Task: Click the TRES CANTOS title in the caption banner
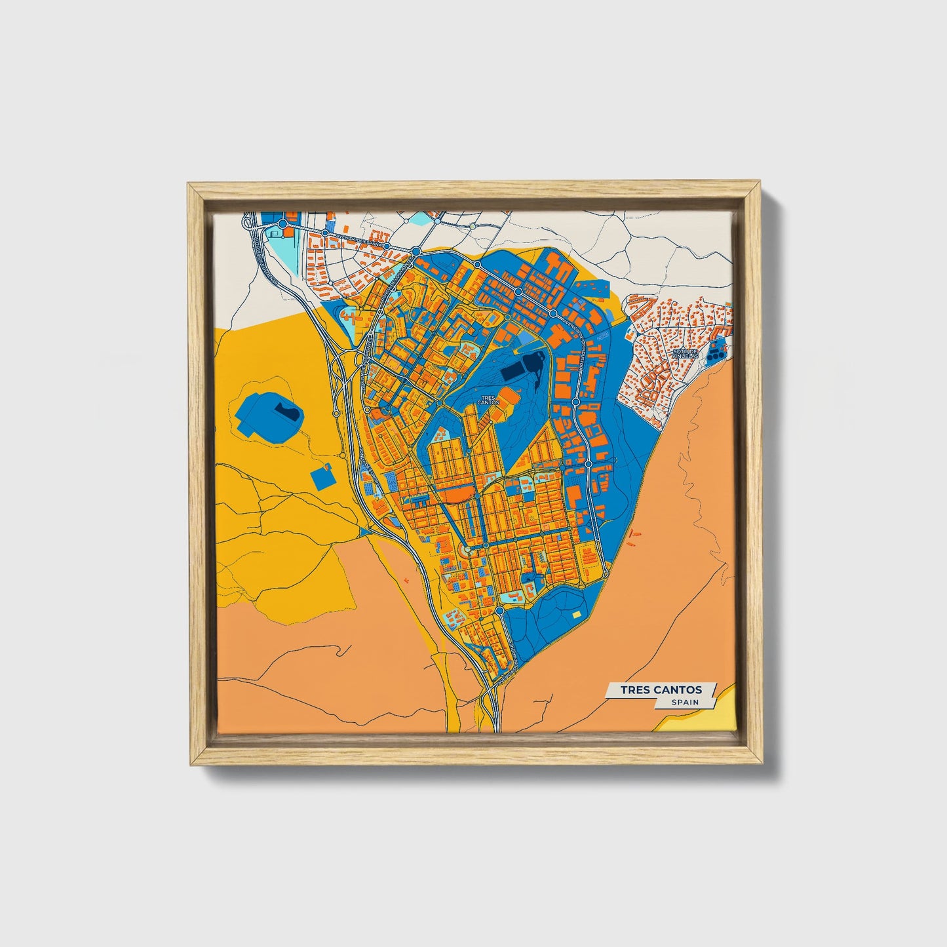(661, 690)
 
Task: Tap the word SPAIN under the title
(685, 703)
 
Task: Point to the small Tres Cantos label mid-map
(489, 400)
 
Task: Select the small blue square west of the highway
(321, 478)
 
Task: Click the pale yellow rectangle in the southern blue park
(577, 615)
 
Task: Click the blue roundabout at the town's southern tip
(500, 611)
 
